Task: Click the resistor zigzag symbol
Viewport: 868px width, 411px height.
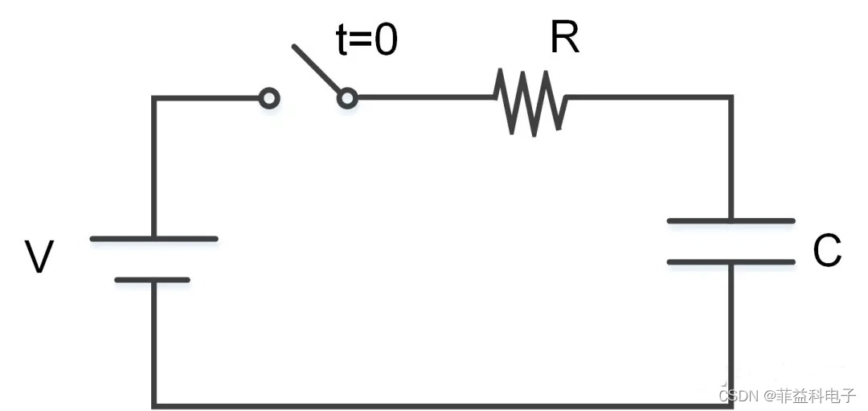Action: (x=531, y=101)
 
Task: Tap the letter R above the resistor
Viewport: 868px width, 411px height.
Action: (x=565, y=37)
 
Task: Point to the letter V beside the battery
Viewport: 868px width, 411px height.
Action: (x=39, y=257)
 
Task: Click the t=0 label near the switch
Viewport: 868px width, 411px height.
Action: (x=366, y=40)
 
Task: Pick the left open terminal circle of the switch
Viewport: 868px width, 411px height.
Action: (x=270, y=98)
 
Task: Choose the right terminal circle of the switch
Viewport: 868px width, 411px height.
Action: (x=346, y=98)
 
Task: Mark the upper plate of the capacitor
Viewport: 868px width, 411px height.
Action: (x=731, y=220)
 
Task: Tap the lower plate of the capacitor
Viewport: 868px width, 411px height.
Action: (x=731, y=261)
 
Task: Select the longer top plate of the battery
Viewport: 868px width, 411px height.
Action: (x=154, y=239)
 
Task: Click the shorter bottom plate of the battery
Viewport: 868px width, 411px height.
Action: (x=153, y=280)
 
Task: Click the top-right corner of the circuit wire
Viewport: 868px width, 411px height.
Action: (x=731, y=98)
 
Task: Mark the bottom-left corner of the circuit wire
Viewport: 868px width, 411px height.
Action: (x=154, y=405)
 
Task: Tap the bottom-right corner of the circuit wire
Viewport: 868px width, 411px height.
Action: (x=731, y=405)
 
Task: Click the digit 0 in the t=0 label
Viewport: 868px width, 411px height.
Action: (x=385, y=40)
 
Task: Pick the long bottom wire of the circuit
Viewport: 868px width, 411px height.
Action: (x=442, y=405)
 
